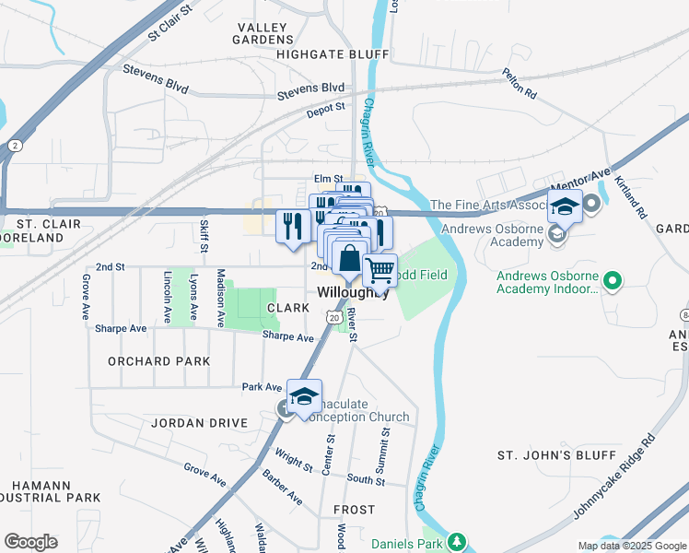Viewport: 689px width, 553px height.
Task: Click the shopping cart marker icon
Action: [x=380, y=271]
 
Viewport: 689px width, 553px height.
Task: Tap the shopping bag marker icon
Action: [x=350, y=258]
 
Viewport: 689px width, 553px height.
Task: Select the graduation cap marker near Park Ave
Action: [x=304, y=396]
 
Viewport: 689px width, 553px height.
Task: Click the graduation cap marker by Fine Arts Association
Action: [x=566, y=206]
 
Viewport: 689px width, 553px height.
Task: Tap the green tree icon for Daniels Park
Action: [x=455, y=541]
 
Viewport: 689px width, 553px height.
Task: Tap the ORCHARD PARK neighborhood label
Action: [x=158, y=361]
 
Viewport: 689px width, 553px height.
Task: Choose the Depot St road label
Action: [x=325, y=108]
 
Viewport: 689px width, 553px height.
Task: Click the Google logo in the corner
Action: [x=30, y=542]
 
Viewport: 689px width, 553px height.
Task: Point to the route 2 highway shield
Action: [x=15, y=146]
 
